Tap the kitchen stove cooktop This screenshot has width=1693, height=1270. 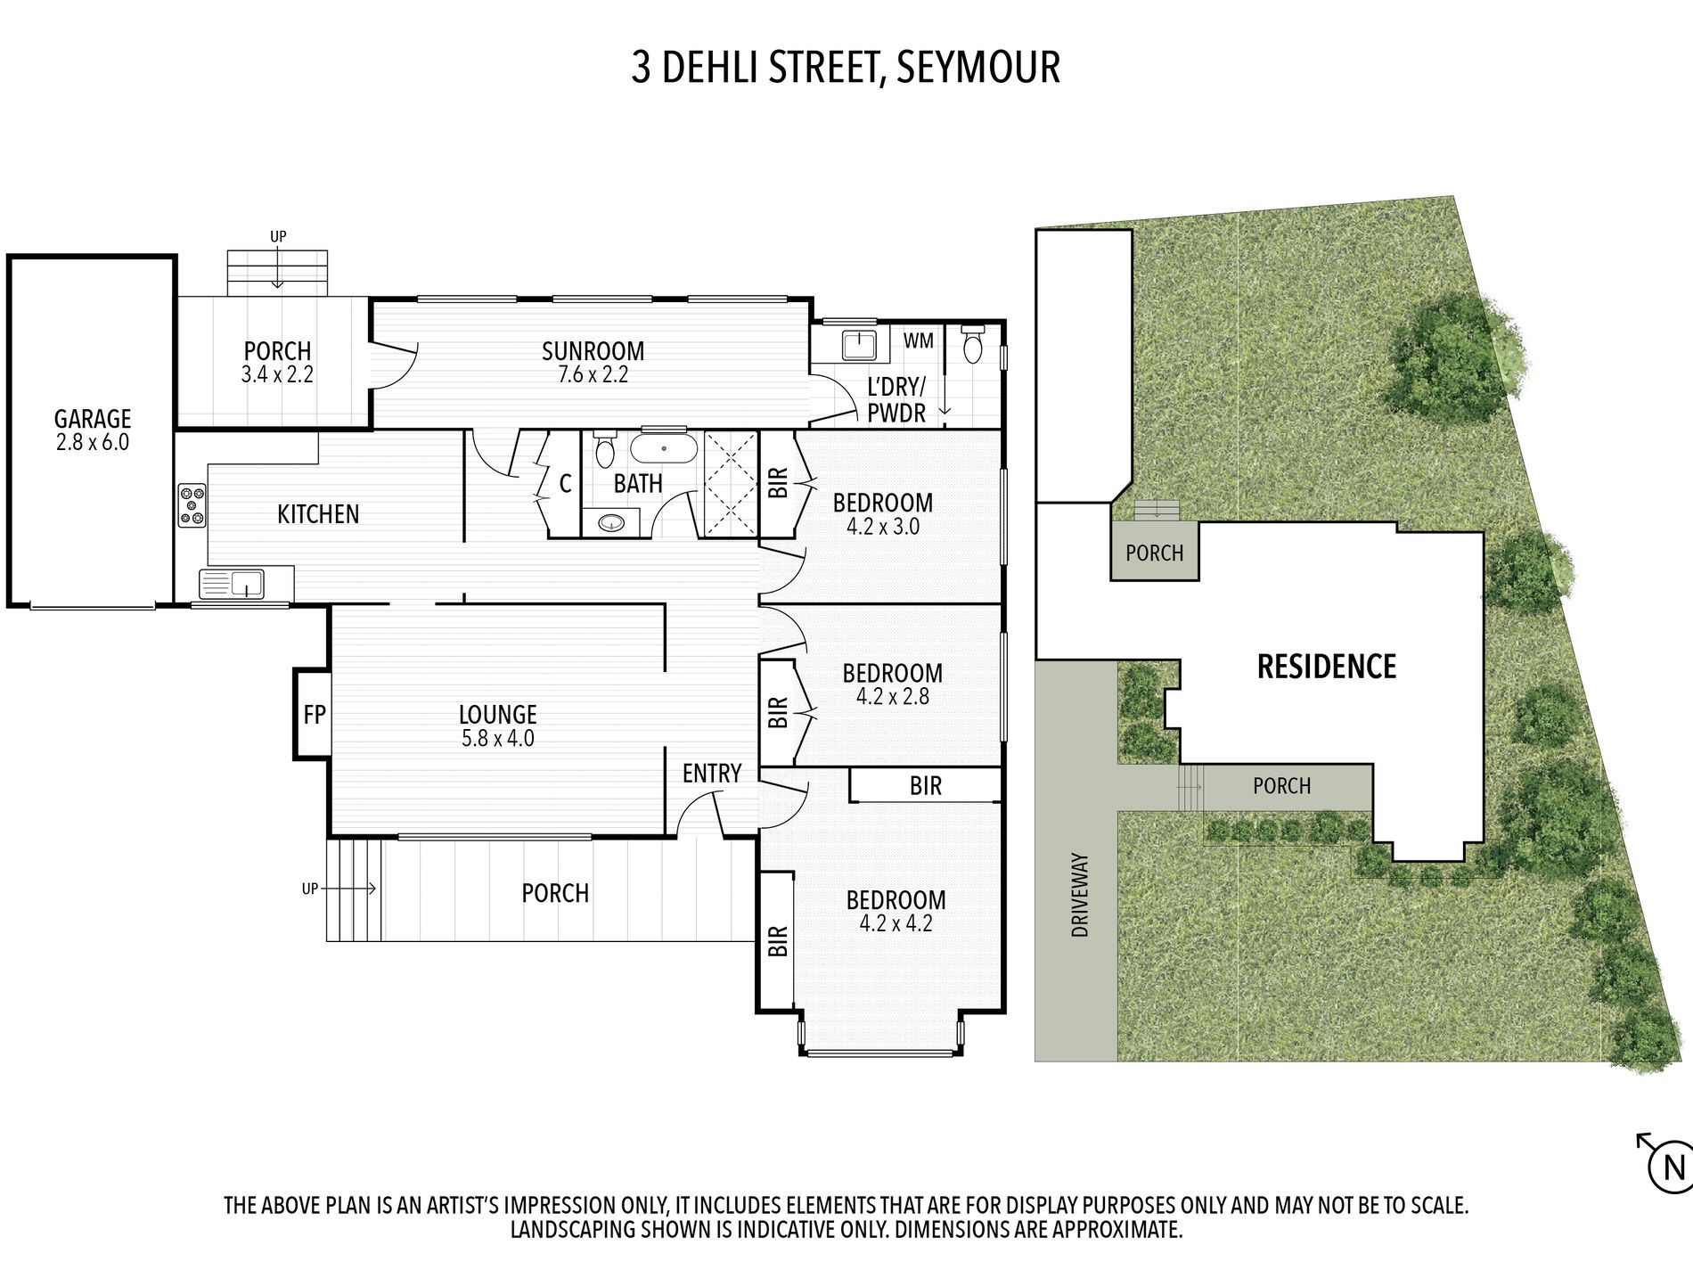[192, 505]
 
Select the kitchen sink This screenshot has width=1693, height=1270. [233, 585]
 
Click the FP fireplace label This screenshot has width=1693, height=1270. [314, 714]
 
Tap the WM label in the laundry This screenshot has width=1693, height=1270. [919, 340]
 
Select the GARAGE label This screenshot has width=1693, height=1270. [93, 418]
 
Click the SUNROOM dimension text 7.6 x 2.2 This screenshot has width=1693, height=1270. [593, 375]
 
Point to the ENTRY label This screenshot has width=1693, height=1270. [712, 773]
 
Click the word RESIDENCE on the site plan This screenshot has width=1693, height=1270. [1326, 667]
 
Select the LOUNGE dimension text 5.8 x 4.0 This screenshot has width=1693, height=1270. [498, 738]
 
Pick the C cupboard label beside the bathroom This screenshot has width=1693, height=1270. [565, 484]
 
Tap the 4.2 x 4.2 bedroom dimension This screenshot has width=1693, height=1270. [896, 923]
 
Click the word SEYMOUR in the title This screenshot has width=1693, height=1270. [977, 68]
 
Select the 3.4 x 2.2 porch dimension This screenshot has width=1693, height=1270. [277, 375]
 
